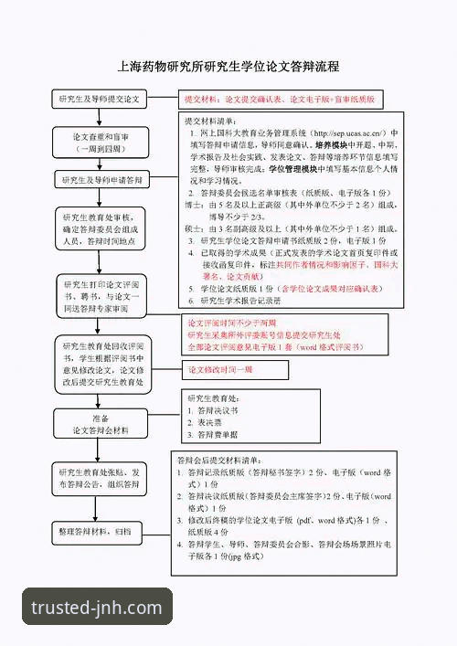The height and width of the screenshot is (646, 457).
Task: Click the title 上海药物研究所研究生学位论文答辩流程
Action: tap(228, 67)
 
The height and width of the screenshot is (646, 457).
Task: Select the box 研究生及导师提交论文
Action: tap(100, 98)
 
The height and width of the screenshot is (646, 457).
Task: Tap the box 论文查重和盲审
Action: tap(100, 141)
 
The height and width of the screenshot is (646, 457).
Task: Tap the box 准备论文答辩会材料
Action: tap(100, 424)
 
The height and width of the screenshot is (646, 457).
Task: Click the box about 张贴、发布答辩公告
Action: tap(100, 479)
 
